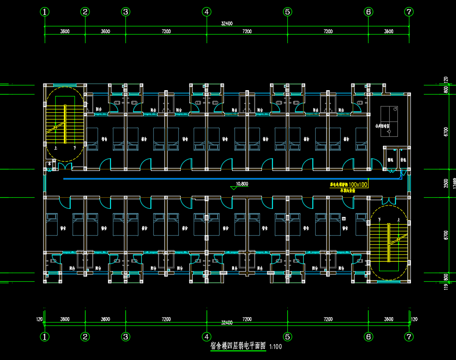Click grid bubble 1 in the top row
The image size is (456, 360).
click(45, 12)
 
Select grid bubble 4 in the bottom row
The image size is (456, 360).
click(207, 336)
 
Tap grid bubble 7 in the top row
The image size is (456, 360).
click(409, 12)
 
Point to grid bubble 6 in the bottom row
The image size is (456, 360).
click(369, 336)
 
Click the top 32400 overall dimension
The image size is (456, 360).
click(227, 23)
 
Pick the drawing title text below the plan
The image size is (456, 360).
click(238, 346)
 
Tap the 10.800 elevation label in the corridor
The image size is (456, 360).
click(242, 184)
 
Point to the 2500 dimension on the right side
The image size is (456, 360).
click(446, 183)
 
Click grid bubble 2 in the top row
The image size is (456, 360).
click(85, 12)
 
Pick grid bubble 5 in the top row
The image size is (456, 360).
click(287, 12)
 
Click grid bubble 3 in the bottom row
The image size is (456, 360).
click(125, 336)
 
